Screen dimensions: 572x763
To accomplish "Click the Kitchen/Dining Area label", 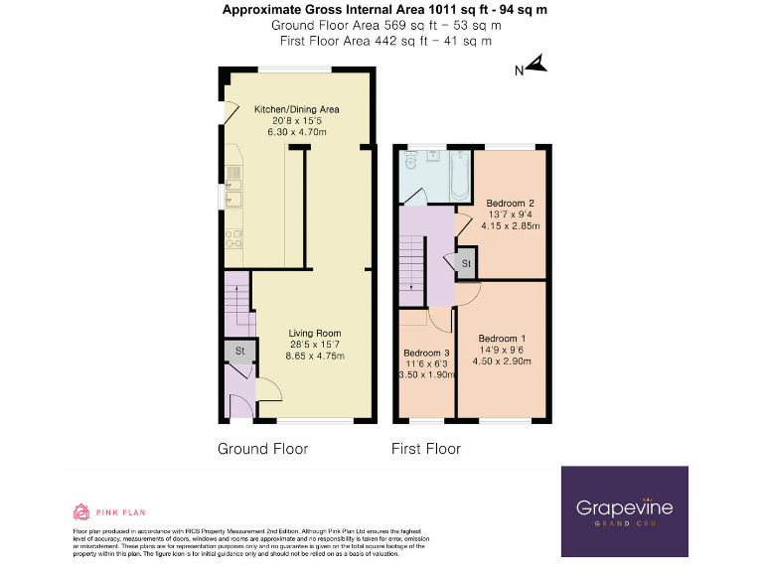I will coord(297,109).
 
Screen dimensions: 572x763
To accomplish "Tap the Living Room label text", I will coord(315,334).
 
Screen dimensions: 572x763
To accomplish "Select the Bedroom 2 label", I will coord(511,204).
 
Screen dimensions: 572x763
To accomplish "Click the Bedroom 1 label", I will coord(504,339).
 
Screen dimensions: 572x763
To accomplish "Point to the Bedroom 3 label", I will coord(426,353).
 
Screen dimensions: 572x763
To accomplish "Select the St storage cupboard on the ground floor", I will coord(238,352).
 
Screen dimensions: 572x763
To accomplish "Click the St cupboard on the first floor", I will coord(465,262).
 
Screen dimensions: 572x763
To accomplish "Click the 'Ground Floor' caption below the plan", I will coord(262,449).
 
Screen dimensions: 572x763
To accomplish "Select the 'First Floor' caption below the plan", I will coord(426,449).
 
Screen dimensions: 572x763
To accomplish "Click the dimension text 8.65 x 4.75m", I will coord(315,356).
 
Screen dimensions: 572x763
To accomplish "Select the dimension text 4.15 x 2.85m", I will coord(511,225).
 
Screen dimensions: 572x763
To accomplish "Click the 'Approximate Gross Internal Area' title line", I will coord(384,10).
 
